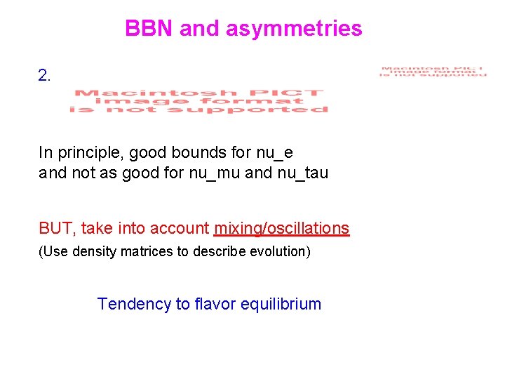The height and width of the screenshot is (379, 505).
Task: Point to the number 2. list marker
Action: click(45, 76)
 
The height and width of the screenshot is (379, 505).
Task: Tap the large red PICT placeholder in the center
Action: click(198, 101)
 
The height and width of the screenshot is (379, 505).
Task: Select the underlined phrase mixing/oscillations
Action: click(281, 228)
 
